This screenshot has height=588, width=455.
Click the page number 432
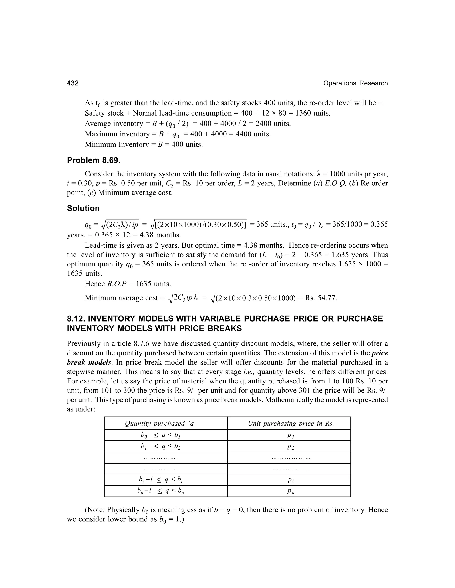pyautogui.click(x=73, y=83)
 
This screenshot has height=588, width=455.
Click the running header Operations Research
pyautogui.click(x=355, y=83)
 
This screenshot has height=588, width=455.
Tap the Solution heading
pyautogui.click(x=83, y=208)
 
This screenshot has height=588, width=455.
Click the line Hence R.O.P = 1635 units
pyautogui.click(x=128, y=284)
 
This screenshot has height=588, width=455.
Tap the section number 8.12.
pyautogui.click(x=76, y=318)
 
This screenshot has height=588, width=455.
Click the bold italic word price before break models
pyautogui.click(x=379, y=353)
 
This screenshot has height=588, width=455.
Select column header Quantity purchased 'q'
pyautogui.click(x=161, y=424)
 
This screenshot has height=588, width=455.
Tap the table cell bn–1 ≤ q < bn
pyautogui.click(x=160, y=491)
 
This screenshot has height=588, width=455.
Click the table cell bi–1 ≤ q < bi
pyautogui.click(x=161, y=480)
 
